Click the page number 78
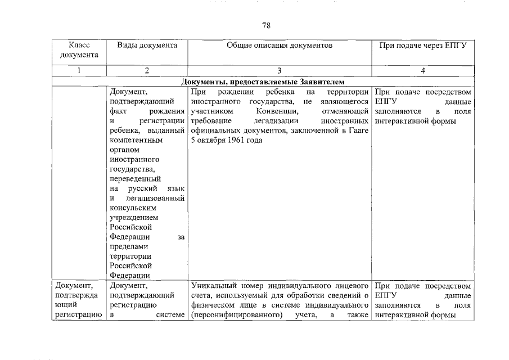click(267, 25)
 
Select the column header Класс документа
click(79, 49)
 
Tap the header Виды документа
click(147, 45)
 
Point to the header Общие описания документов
click(280, 45)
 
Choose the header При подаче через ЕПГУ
click(422, 45)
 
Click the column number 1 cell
click(79, 71)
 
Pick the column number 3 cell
click(280, 71)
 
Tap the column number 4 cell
click(422, 71)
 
